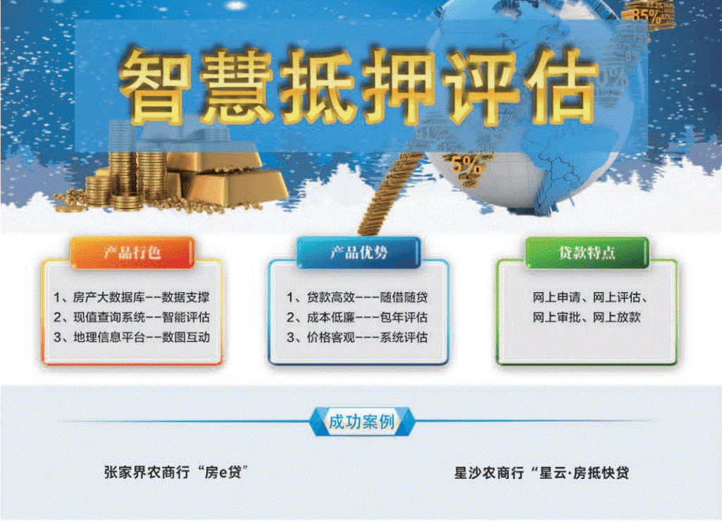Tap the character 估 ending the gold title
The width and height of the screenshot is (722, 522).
coord(562,86)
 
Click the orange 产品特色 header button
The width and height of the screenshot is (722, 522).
coord(132,253)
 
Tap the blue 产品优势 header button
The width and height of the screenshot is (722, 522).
coord(359,253)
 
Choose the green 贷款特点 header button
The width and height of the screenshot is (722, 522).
coord(587,253)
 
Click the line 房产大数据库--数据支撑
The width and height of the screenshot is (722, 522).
coord(132,298)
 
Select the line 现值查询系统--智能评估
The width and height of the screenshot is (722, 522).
coord(132,317)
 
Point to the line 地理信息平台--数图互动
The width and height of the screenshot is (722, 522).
coord(132,337)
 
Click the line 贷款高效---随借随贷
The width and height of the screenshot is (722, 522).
coord(357,298)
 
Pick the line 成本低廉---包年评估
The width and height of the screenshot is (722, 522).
coord(357,317)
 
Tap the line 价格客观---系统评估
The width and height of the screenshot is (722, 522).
coord(357,337)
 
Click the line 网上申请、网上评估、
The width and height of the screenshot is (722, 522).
coord(590,298)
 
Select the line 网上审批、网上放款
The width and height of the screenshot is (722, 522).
coord(587,317)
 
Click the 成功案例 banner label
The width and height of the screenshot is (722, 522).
coord(361,421)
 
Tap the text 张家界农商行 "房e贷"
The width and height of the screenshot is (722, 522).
coord(176,472)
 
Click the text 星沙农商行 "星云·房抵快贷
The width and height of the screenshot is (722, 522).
coord(542,473)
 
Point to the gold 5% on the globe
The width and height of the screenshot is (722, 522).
coord(467,166)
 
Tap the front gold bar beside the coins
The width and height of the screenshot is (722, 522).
coord(239,188)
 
